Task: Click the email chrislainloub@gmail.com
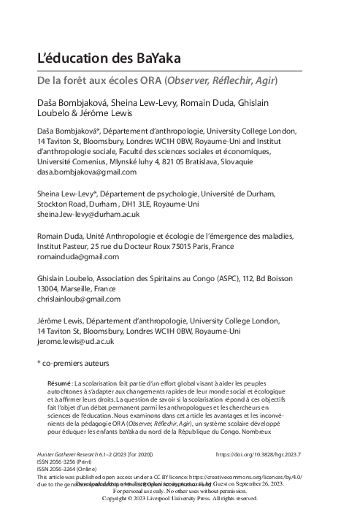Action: (x=82, y=299)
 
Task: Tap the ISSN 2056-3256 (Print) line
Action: (x=71, y=463)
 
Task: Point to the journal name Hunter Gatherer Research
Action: (x=72, y=454)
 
